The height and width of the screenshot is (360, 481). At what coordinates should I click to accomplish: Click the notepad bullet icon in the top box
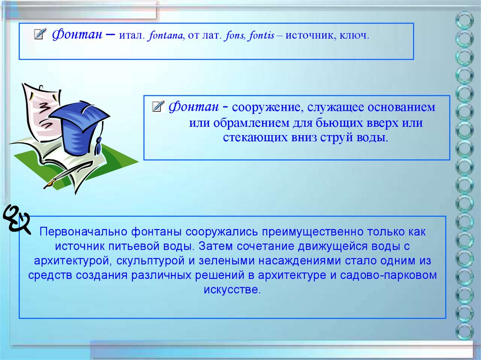tap(41, 34)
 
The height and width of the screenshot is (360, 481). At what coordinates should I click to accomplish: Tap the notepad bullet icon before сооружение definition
tap(159, 107)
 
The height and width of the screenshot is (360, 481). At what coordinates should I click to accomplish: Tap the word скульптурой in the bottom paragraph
tap(211, 260)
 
